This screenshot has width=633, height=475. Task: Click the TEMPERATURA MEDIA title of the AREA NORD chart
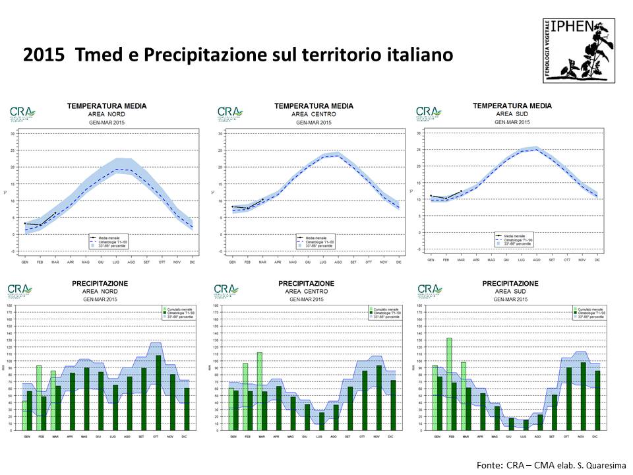(x=107, y=106)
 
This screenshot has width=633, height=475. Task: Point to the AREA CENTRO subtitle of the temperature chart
(x=314, y=114)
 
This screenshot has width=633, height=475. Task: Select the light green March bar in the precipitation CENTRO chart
(x=260, y=389)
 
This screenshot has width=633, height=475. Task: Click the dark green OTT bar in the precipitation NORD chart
(x=158, y=393)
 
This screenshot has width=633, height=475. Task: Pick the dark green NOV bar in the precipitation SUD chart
(x=583, y=396)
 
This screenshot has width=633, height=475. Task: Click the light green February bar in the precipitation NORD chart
(x=39, y=396)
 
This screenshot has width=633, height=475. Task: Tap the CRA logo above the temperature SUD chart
(x=429, y=113)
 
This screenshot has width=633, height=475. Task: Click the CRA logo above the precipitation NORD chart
(x=22, y=290)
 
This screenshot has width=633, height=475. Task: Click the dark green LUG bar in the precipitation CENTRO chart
(x=322, y=421)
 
